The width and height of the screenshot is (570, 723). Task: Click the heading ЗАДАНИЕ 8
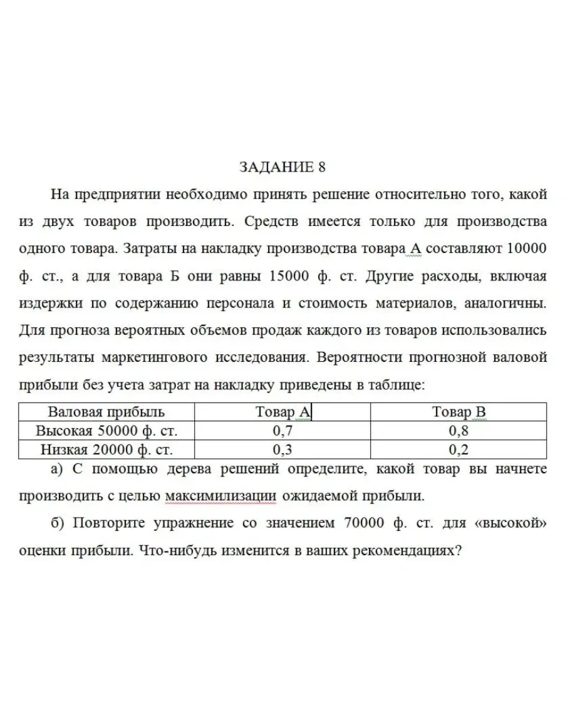pyautogui.click(x=283, y=167)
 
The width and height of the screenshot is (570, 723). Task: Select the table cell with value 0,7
pyautogui.click(x=282, y=431)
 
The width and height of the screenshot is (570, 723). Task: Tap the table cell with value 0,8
pyautogui.click(x=459, y=431)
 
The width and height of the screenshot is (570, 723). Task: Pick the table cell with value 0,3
pyautogui.click(x=282, y=449)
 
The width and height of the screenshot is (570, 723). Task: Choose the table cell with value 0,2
pyautogui.click(x=459, y=449)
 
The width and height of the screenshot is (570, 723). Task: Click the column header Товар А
pyautogui.click(x=282, y=412)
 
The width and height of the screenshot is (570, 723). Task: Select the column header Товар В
pyautogui.click(x=459, y=412)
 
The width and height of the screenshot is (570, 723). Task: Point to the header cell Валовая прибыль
pyautogui.click(x=106, y=412)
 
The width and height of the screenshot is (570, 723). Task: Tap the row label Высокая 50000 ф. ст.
pyautogui.click(x=106, y=431)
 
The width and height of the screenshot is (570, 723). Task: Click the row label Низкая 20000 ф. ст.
pyautogui.click(x=106, y=449)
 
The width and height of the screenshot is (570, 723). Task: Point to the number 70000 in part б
pyautogui.click(x=365, y=523)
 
